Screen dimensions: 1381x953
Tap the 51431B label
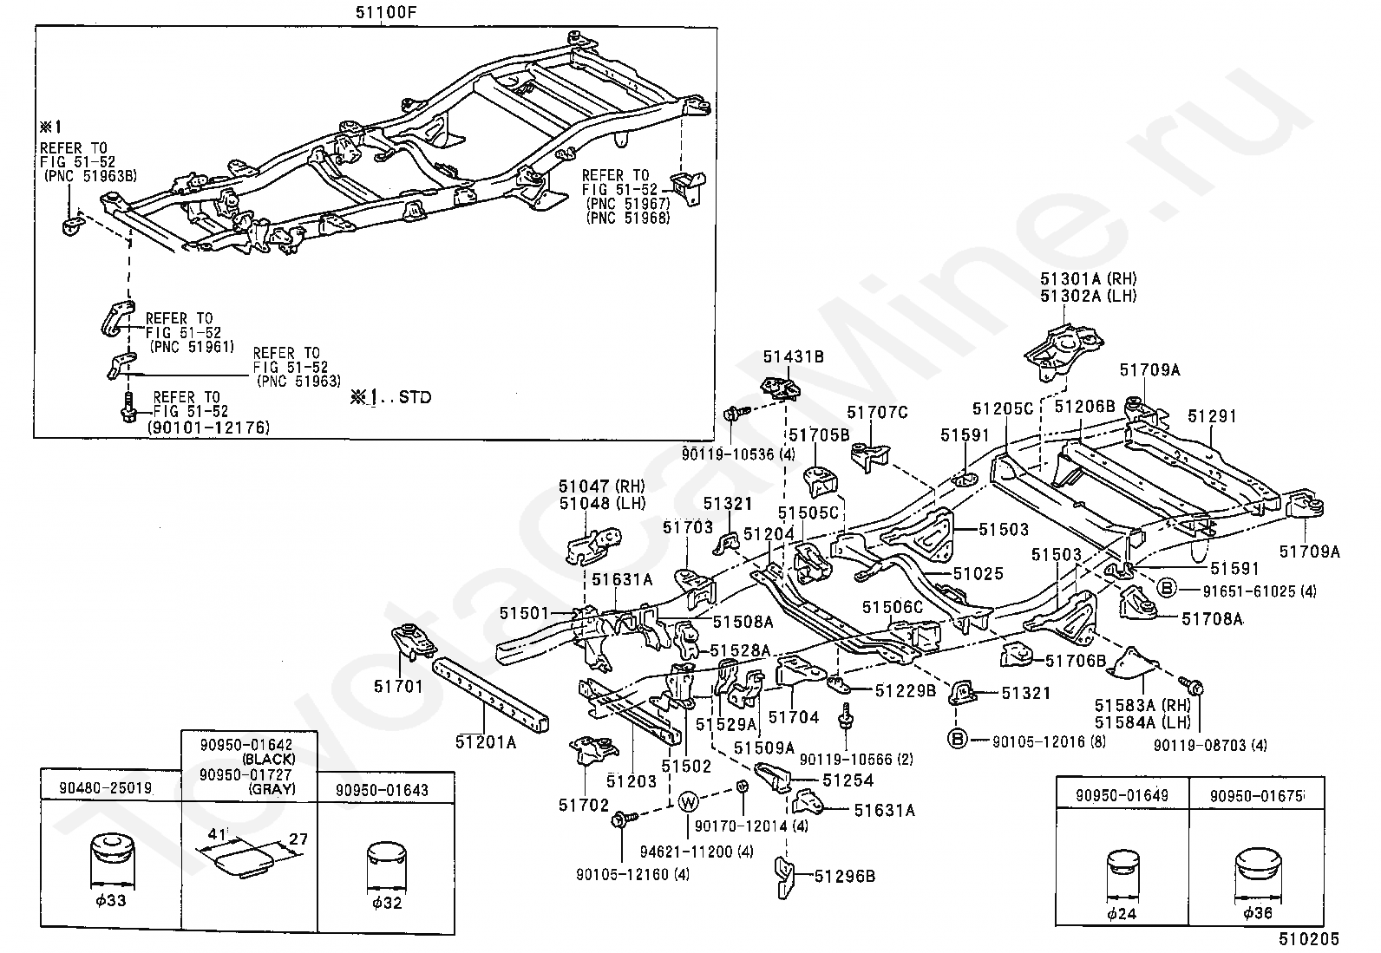[793, 357]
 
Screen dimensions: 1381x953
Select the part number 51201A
[486, 742]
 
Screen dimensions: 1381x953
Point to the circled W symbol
[688, 802]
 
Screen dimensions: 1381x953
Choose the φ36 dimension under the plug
[1258, 913]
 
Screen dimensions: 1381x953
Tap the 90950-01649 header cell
[1122, 795]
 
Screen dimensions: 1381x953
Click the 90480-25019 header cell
[106, 787]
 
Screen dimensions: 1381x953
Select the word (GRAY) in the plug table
[272, 788]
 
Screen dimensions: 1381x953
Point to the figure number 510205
[1308, 939]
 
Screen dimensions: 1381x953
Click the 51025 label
[978, 573]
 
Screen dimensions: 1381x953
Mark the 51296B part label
[845, 876]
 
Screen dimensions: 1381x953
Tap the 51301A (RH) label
[1089, 278]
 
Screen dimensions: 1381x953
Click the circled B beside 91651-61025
[1167, 587]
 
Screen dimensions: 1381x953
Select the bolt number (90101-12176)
[208, 428]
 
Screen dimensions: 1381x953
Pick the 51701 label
[398, 686]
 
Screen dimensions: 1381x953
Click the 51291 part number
[1212, 416]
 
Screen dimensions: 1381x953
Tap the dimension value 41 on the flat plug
[217, 834]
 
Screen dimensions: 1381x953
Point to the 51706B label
[1076, 661]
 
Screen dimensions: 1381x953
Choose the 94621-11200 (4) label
[697, 852]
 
